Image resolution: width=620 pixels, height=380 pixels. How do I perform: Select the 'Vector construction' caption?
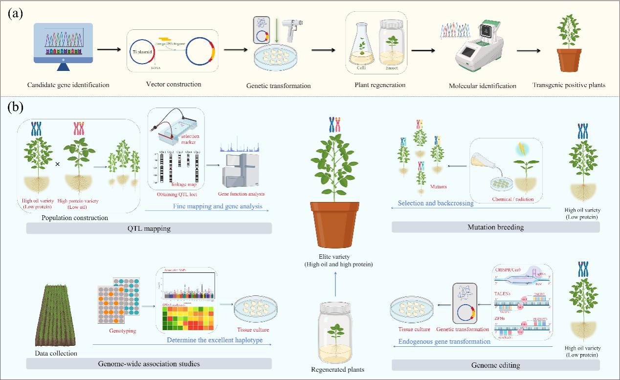pyautogui.click(x=174, y=84)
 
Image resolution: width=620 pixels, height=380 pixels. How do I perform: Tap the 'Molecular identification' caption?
pyautogui.click(x=482, y=86)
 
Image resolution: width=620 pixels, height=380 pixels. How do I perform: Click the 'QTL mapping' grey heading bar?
pyautogui.click(x=149, y=228)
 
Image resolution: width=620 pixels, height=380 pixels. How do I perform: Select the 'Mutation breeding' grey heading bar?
pyautogui.click(x=495, y=227)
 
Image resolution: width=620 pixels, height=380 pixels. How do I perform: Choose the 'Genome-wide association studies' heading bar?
pyautogui.click(x=149, y=363)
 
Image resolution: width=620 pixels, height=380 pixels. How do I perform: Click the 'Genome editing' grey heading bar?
pyautogui.click(x=495, y=365)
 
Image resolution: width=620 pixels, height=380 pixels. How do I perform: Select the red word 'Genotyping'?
pyautogui.click(x=122, y=331)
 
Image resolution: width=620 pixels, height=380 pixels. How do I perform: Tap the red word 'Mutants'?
pyautogui.click(x=439, y=186)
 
